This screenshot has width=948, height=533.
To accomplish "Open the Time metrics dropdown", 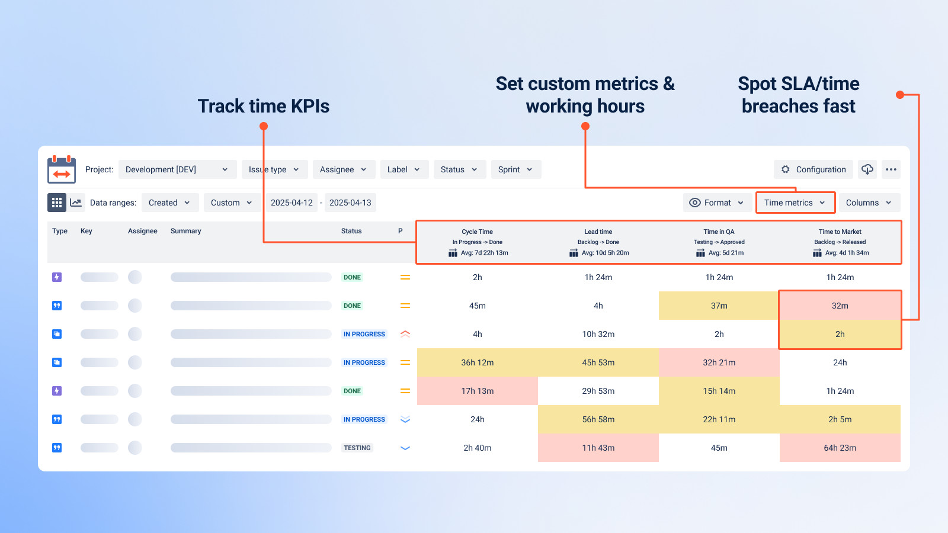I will click(x=795, y=203).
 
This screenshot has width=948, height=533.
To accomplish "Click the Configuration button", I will click(x=813, y=169).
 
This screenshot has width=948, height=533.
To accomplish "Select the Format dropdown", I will click(x=717, y=203).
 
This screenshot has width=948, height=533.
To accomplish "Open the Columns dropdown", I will click(x=869, y=203).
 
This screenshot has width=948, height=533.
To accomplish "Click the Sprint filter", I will click(x=515, y=169).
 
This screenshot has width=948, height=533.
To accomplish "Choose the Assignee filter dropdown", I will click(x=343, y=169).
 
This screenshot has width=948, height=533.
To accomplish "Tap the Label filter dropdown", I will click(x=403, y=169).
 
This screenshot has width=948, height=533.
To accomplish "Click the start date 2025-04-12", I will click(x=292, y=203).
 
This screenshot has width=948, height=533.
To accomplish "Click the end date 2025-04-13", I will click(x=350, y=203).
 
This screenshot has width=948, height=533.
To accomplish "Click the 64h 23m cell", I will click(x=840, y=448).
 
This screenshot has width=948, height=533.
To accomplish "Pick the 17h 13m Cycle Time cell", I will click(x=477, y=391).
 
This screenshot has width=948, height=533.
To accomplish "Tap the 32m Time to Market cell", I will click(x=840, y=306).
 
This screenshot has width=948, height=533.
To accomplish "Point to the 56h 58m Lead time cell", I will click(x=598, y=419).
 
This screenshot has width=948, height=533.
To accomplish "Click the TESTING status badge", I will click(x=357, y=448).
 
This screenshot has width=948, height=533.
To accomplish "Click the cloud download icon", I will click(x=867, y=169).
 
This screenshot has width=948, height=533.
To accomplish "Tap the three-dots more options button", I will click(x=891, y=169).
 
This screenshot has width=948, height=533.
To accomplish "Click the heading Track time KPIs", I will click(x=264, y=106).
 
